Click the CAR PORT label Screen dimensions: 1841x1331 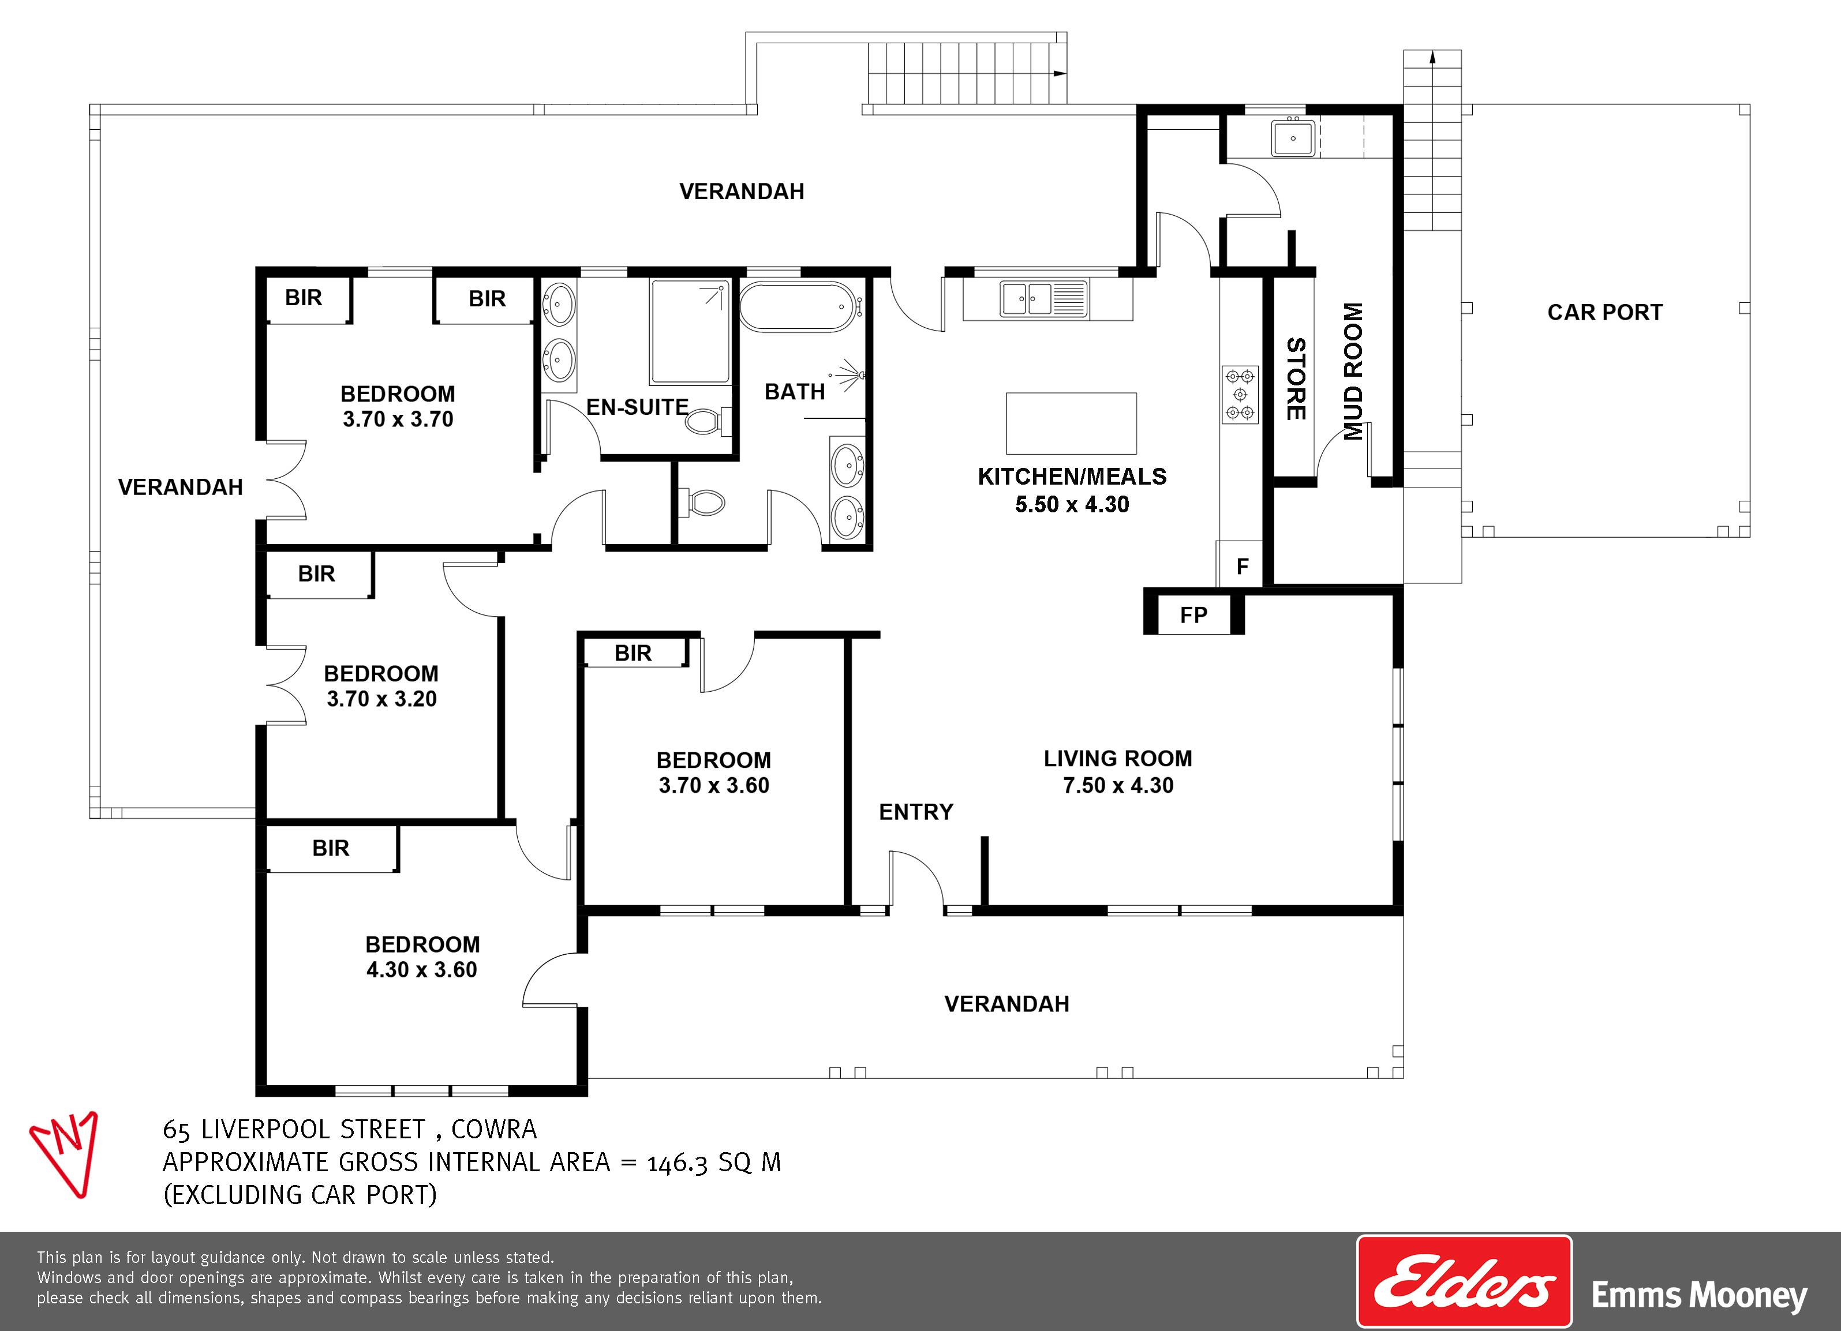[x=1605, y=313]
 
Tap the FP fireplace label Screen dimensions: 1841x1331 [x=1193, y=615]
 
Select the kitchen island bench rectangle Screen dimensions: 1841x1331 [x=1071, y=423]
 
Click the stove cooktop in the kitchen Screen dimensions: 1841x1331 [x=1240, y=395]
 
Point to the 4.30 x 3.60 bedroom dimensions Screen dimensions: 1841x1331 [x=421, y=970]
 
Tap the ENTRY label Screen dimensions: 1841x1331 [x=916, y=812]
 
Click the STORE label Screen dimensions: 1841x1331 [x=1296, y=379]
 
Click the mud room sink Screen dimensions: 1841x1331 [x=1292, y=137]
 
